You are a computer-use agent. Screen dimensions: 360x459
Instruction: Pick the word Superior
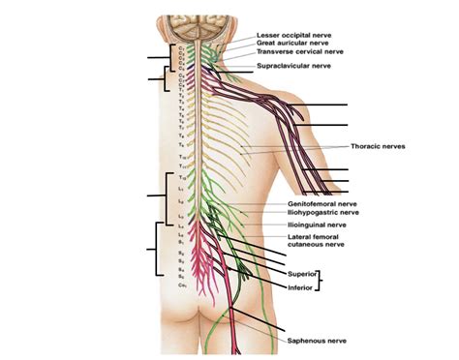pyautogui.click(x=303, y=275)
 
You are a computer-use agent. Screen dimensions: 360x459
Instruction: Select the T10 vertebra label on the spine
pyautogui.click(x=181, y=156)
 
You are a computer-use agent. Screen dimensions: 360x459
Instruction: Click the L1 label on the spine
pyautogui.click(x=181, y=186)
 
